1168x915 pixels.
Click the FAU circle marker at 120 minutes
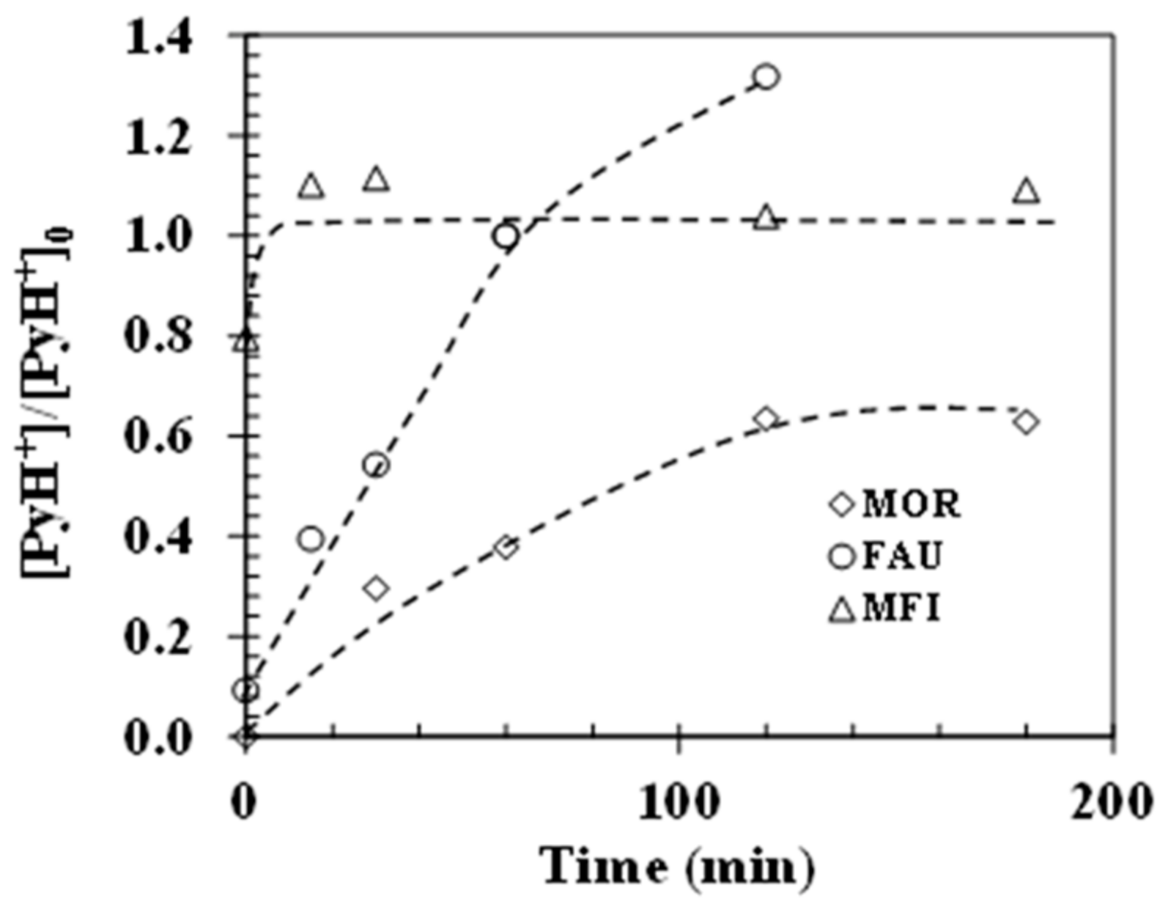click(766, 76)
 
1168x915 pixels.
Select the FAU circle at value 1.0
click(506, 236)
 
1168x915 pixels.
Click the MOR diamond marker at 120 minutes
click(766, 419)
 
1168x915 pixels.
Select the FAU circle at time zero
click(246, 690)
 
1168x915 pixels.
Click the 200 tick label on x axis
click(1112, 802)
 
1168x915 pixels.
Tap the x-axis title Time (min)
click(678, 868)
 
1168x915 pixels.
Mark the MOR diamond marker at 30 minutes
click(376, 588)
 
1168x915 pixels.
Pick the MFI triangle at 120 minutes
click(766, 218)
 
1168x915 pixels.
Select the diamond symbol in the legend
click(843, 505)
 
